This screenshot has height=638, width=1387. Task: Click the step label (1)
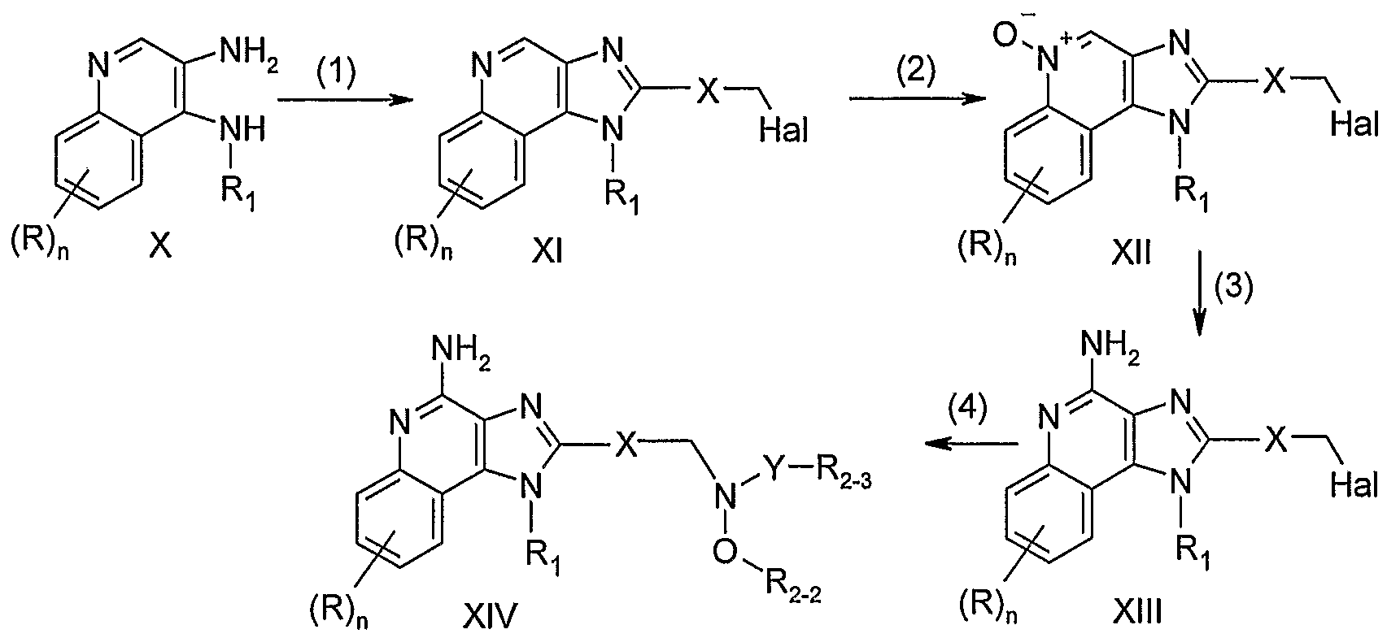336,74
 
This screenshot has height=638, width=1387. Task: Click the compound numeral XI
547,252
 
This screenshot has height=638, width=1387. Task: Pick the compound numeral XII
1131,253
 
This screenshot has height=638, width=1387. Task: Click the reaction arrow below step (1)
345,100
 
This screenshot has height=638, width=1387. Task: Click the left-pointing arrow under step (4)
971,443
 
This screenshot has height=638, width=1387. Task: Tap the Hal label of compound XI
784,131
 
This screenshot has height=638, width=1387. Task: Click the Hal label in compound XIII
1354,486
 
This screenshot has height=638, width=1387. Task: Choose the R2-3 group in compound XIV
844,479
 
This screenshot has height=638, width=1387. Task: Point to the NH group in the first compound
242,130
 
